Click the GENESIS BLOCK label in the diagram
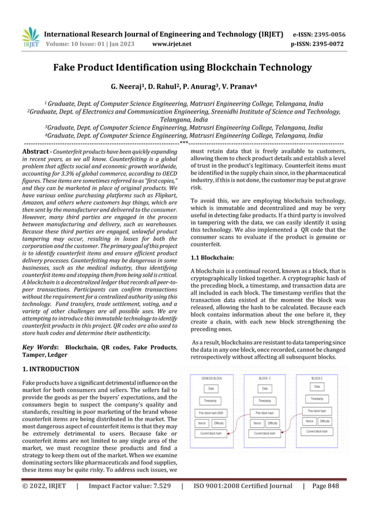pos(212,378)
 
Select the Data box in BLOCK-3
pos(317,386)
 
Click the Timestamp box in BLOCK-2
pos(264,401)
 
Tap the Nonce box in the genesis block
pos(202,423)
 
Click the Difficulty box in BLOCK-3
pos(326,421)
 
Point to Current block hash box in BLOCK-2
pos(264,434)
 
